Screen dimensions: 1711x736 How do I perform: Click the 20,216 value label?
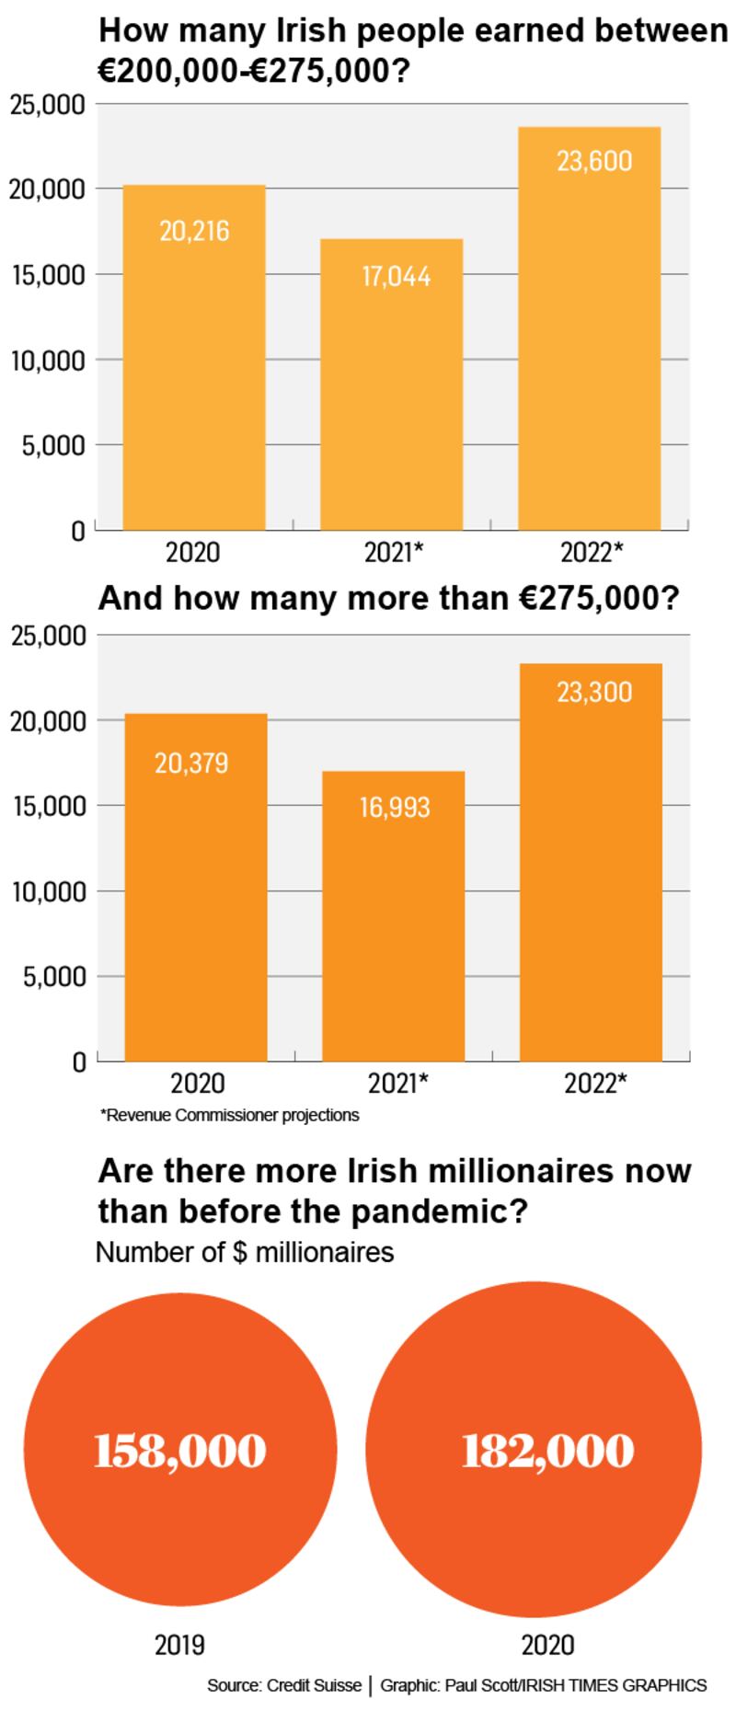pyautogui.click(x=194, y=231)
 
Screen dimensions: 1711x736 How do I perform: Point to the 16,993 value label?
pyautogui.click(x=395, y=808)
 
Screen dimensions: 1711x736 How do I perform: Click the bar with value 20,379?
pyautogui.click(x=196, y=901)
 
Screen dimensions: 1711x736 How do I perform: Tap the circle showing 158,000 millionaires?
pyautogui.click(x=179, y=1451)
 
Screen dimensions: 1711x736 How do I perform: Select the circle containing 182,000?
pyautogui.click(x=547, y=1451)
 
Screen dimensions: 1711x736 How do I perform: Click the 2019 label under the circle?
pyautogui.click(x=179, y=1644)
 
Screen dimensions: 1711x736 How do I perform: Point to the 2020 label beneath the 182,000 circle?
pyautogui.click(x=547, y=1644)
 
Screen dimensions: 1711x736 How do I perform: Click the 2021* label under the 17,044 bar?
pyautogui.click(x=394, y=552)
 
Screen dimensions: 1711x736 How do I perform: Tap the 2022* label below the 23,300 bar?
pyautogui.click(x=595, y=1083)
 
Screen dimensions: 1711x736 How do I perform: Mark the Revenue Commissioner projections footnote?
pyautogui.click(x=229, y=1115)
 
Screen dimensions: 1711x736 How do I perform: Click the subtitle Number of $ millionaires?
pyautogui.click(x=245, y=1252)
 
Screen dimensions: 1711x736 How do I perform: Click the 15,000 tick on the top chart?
pyautogui.click(x=48, y=274)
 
